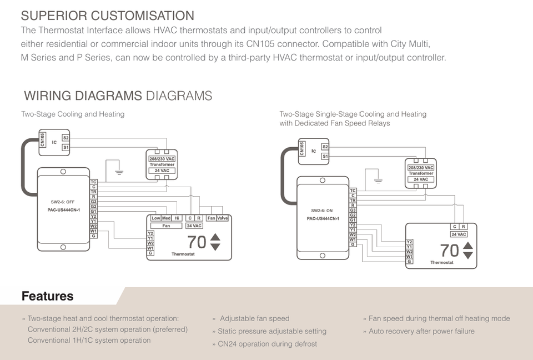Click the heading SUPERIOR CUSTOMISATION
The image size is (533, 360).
tap(107, 16)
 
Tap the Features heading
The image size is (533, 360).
tap(48, 296)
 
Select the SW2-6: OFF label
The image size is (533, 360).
tap(63, 202)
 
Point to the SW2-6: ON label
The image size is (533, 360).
tap(322, 211)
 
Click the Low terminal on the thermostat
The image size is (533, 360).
tap(155, 218)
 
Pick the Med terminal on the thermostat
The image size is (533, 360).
tap(166, 218)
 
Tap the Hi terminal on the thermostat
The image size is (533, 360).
tap(177, 218)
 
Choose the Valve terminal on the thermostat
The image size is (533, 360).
tap(222, 218)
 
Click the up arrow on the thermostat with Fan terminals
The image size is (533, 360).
tap(215, 237)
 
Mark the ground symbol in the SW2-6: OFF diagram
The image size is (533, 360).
tap(119, 172)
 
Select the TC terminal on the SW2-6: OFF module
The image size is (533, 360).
tap(93, 182)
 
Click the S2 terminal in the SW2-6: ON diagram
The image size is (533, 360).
tap(325, 147)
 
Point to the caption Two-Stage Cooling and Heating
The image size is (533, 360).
tap(73, 114)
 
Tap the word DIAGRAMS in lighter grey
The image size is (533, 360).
tap(179, 96)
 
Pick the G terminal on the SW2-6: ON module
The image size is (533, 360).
tap(353, 244)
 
